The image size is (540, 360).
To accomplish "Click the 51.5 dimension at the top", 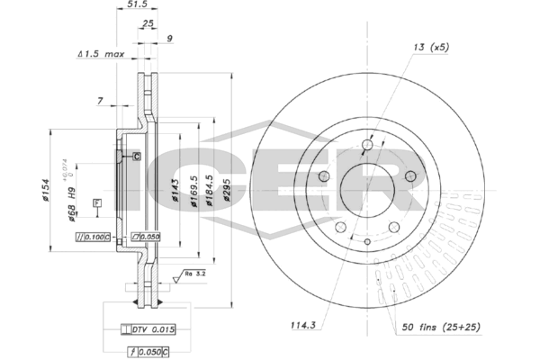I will point(137,4).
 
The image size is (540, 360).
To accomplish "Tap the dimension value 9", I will point(169,38).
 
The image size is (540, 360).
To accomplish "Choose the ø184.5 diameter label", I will point(209,191).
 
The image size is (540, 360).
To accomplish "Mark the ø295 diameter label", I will point(229,191).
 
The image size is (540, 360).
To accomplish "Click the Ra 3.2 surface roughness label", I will point(196,272).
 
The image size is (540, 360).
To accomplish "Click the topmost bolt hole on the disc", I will point(367,145).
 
